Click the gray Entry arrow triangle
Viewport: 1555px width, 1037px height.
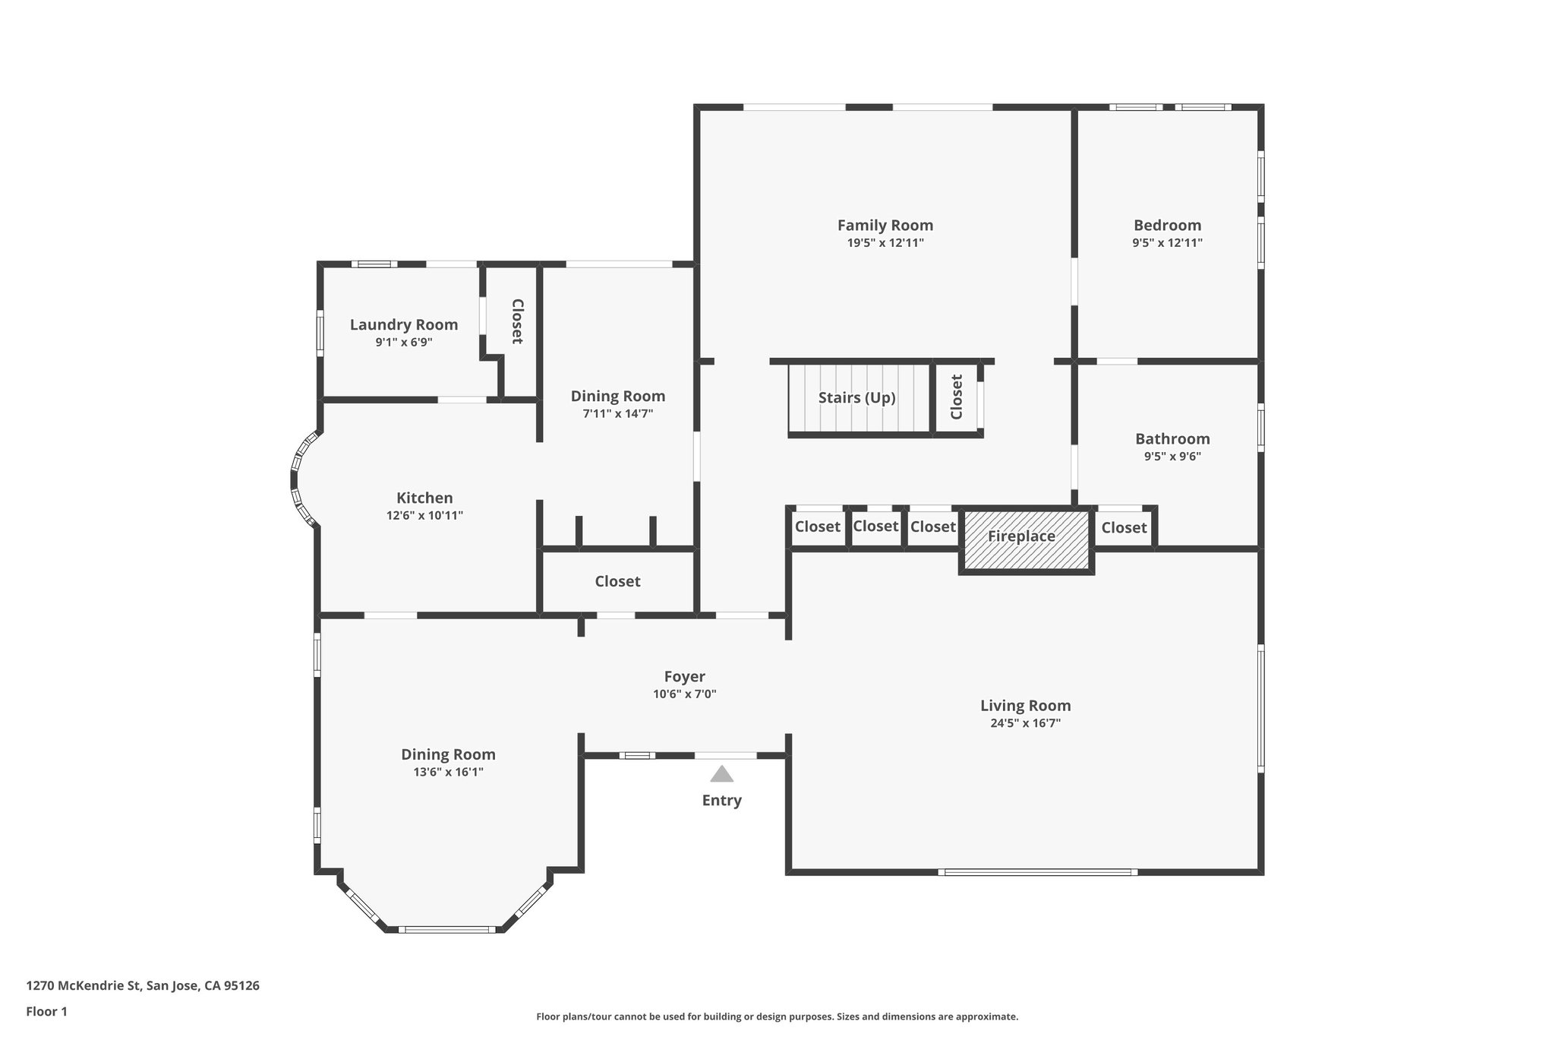coord(721,774)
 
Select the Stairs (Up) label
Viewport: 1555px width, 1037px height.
coord(856,398)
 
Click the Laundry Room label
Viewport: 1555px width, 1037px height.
coord(403,325)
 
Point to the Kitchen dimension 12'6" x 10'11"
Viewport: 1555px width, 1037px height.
coord(424,516)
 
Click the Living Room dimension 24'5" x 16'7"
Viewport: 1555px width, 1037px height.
coord(1025,723)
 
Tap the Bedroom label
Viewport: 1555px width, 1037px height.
coord(1167,226)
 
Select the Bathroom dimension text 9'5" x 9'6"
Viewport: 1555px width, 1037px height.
coord(1172,457)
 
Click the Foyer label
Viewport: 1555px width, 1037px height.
coord(684,677)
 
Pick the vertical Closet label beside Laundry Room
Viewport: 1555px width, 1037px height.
coord(517,321)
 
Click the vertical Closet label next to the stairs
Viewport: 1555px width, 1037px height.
coord(957,397)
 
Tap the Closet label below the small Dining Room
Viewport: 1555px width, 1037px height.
coord(617,582)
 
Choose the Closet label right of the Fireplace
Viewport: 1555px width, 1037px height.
coord(1124,528)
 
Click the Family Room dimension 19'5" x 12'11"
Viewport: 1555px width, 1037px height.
coord(885,243)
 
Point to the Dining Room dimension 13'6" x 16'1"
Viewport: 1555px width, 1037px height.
coord(448,773)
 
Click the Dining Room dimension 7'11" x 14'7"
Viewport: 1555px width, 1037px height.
coord(617,414)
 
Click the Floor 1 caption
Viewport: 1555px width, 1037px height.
coord(47,1012)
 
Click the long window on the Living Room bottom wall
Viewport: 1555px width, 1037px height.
coord(1037,872)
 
